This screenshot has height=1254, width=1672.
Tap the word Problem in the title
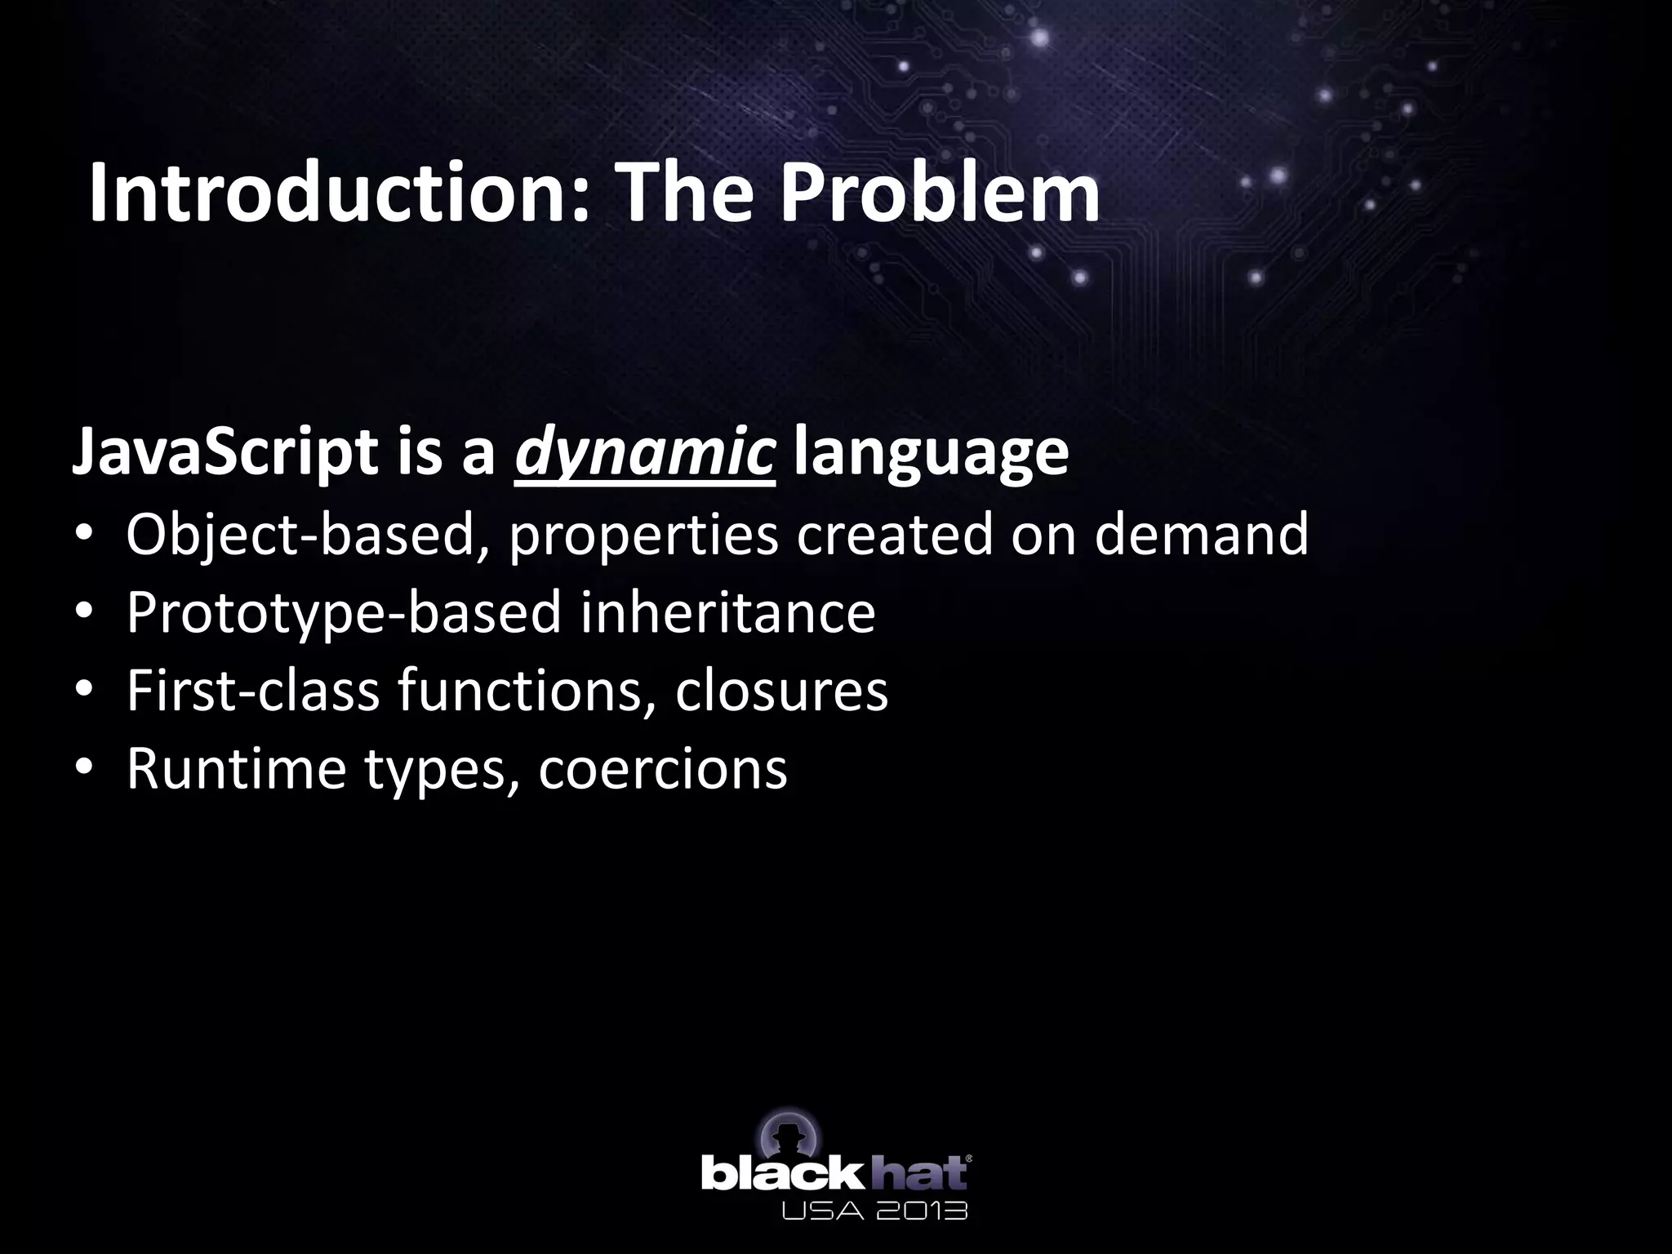[939, 194]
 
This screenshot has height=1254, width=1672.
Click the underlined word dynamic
[644, 454]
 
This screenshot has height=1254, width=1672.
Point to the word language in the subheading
[931, 454]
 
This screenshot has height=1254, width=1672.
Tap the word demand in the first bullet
[1201, 535]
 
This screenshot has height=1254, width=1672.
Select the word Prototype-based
[344, 612]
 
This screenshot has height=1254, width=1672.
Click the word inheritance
[727, 612]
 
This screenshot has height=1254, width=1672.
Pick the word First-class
[252, 691]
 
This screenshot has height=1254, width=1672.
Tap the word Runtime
[236, 769]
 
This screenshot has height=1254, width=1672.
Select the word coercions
[662, 769]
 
